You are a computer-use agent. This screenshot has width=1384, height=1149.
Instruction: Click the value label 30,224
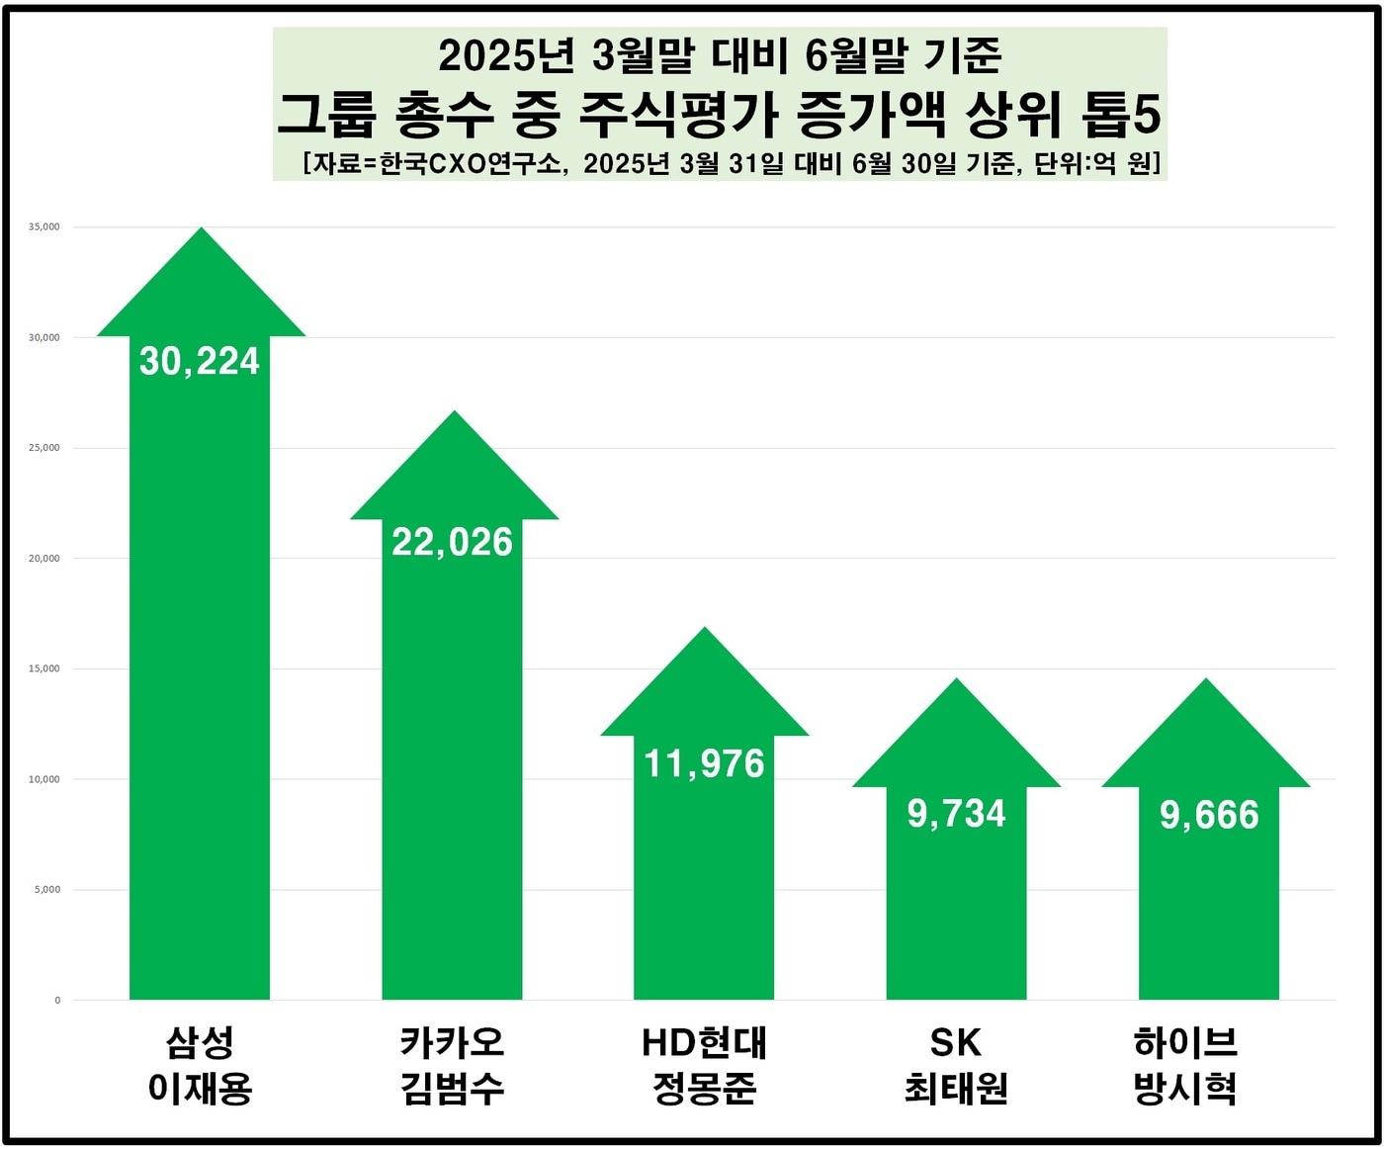200,362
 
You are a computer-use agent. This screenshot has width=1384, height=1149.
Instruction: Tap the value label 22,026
453,542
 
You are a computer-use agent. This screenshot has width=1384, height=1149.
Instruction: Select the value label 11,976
705,763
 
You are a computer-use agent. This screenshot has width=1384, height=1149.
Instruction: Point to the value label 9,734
956,814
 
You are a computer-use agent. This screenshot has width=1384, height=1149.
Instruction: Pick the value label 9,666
1209,815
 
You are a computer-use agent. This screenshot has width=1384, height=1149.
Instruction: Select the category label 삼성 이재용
200,1065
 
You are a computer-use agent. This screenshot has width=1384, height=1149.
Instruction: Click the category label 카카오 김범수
453,1065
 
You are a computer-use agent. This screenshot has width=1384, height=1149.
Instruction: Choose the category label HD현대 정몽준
705,1065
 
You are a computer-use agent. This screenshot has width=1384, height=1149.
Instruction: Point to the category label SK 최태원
956,1065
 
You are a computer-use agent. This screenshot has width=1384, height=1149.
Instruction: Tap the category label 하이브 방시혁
1185,1065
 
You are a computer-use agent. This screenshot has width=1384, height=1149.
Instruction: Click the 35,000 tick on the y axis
44,227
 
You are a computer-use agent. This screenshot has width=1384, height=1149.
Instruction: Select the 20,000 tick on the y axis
44,559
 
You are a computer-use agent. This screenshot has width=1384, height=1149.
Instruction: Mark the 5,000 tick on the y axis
47,890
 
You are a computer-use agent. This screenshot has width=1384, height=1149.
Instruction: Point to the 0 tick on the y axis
57,1001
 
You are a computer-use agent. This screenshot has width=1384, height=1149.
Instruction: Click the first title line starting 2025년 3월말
720,56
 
